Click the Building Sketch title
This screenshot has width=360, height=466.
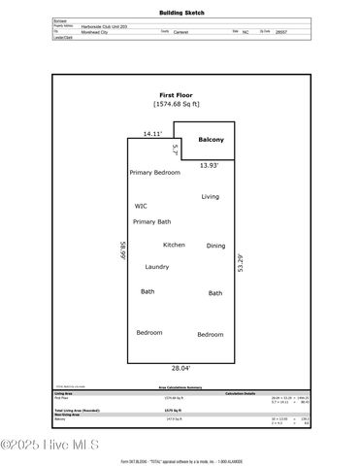(181, 13)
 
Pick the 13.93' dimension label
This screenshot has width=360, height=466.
(209, 166)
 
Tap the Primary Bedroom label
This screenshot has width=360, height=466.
(155, 172)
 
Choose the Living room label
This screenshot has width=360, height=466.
(211, 197)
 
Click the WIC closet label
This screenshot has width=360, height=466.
(141, 207)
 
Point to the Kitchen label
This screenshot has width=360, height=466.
(174, 245)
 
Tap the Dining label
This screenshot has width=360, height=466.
(215, 246)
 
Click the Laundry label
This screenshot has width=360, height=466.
(157, 267)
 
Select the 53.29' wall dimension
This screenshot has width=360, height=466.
(241, 264)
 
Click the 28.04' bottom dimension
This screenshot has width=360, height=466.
(180, 368)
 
